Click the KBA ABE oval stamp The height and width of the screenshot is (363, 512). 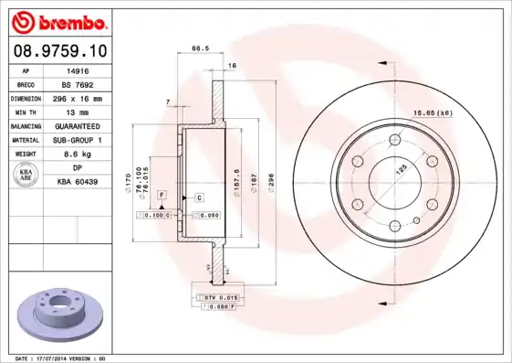point(27,174)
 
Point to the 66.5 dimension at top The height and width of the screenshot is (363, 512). point(195,48)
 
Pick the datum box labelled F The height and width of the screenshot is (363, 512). point(161,195)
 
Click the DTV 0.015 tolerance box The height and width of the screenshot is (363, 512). point(218,297)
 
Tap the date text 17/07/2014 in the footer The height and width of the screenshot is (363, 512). point(62,358)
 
